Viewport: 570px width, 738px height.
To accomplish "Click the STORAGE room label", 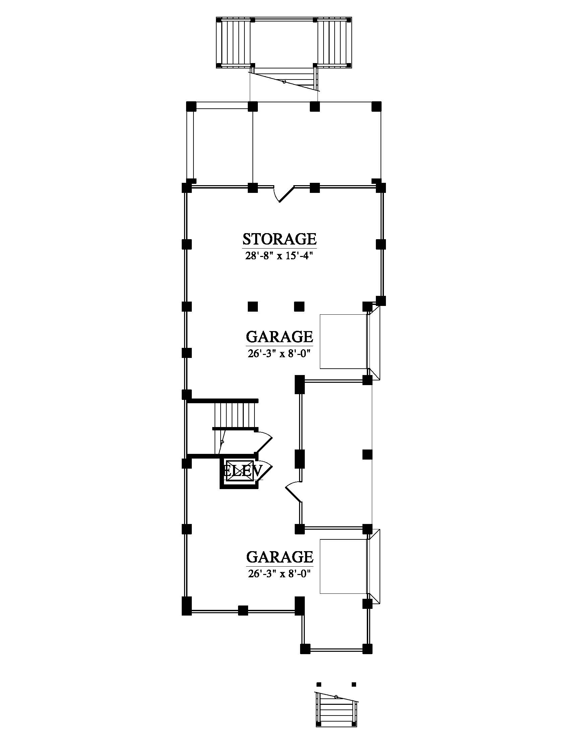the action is click(280, 239).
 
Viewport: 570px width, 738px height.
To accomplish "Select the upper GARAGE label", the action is click(280, 336).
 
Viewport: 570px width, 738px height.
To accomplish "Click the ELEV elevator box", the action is click(239, 471).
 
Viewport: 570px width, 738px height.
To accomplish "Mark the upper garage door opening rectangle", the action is click(344, 341).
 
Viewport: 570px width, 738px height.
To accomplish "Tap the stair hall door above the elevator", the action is click(263, 443).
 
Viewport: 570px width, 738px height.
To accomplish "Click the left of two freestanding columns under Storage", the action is click(252, 307).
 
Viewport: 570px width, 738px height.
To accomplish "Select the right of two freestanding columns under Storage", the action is click(299, 307).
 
